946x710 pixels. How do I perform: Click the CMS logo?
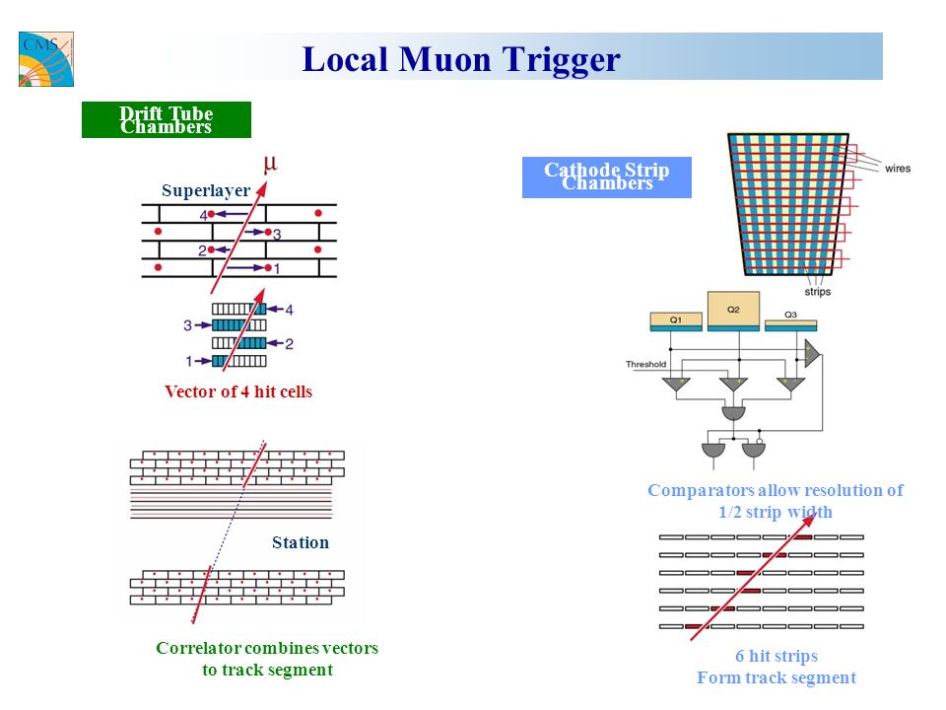[46, 59]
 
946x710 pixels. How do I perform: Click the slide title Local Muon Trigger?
[461, 59]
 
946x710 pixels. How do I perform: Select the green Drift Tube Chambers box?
[167, 119]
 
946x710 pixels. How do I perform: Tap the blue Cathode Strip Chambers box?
[607, 177]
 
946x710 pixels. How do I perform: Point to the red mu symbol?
[270, 163]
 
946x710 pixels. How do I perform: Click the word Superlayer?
[206, 190]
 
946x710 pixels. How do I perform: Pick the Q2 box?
[733, 312]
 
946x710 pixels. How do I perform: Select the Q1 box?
[676, 321]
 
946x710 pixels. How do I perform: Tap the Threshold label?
[645, 364]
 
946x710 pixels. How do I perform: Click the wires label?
[898, 169]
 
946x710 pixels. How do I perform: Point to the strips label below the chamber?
[818, 292]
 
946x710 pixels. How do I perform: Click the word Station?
[301, 542]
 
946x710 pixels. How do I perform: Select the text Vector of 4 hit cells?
[238, 391]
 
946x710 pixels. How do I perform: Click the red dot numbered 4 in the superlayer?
[211, 214]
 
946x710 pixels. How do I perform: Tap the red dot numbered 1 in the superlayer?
[268, 267]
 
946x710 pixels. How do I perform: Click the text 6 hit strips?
[777, 656]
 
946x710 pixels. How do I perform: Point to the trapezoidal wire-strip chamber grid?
[788, 204]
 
